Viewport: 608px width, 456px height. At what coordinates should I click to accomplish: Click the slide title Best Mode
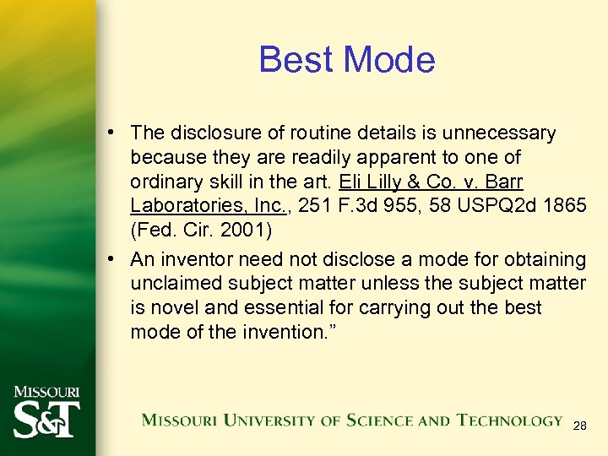tap(346, 60)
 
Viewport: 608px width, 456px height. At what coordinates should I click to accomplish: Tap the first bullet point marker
tap(112, 133)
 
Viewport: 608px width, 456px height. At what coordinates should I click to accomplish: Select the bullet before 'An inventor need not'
tap(112, 258)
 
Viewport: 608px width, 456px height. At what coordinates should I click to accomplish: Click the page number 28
tap(579, 426)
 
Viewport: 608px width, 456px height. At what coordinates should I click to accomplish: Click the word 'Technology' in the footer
tap(509, 420)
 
